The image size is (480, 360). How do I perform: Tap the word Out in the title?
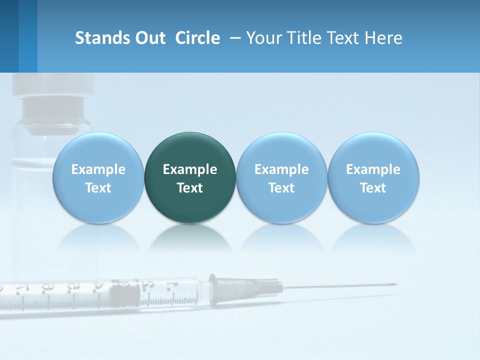click(149, 38)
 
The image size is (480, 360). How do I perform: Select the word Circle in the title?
click(197, 38)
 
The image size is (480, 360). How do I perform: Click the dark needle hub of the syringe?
click(260, 288)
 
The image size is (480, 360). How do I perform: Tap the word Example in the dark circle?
click(190, 169)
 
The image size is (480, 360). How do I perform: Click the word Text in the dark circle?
click(190, 188)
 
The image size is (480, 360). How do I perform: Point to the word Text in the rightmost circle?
click(373, 188)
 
